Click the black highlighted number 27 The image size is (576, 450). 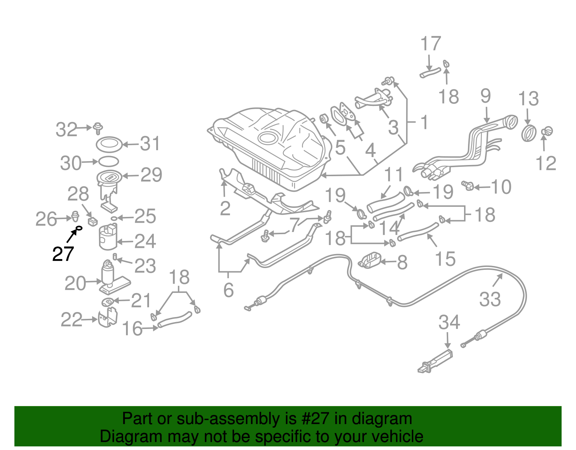[x=63, y=254]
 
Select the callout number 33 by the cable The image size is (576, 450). [x=490, y=299]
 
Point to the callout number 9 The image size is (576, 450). [x=486, y=96]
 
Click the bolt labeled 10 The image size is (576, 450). [x=468, y=186]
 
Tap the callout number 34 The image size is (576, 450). [x=449, y=322]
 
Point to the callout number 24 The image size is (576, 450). [x=145, y=241]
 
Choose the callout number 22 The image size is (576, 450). [x=71, y=320]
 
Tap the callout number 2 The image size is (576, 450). [x=225, y=208]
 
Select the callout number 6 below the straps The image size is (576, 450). [x=228, y=290]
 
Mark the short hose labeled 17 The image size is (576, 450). [x=430, y=73]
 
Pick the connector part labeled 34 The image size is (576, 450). [x=435, y=362]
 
